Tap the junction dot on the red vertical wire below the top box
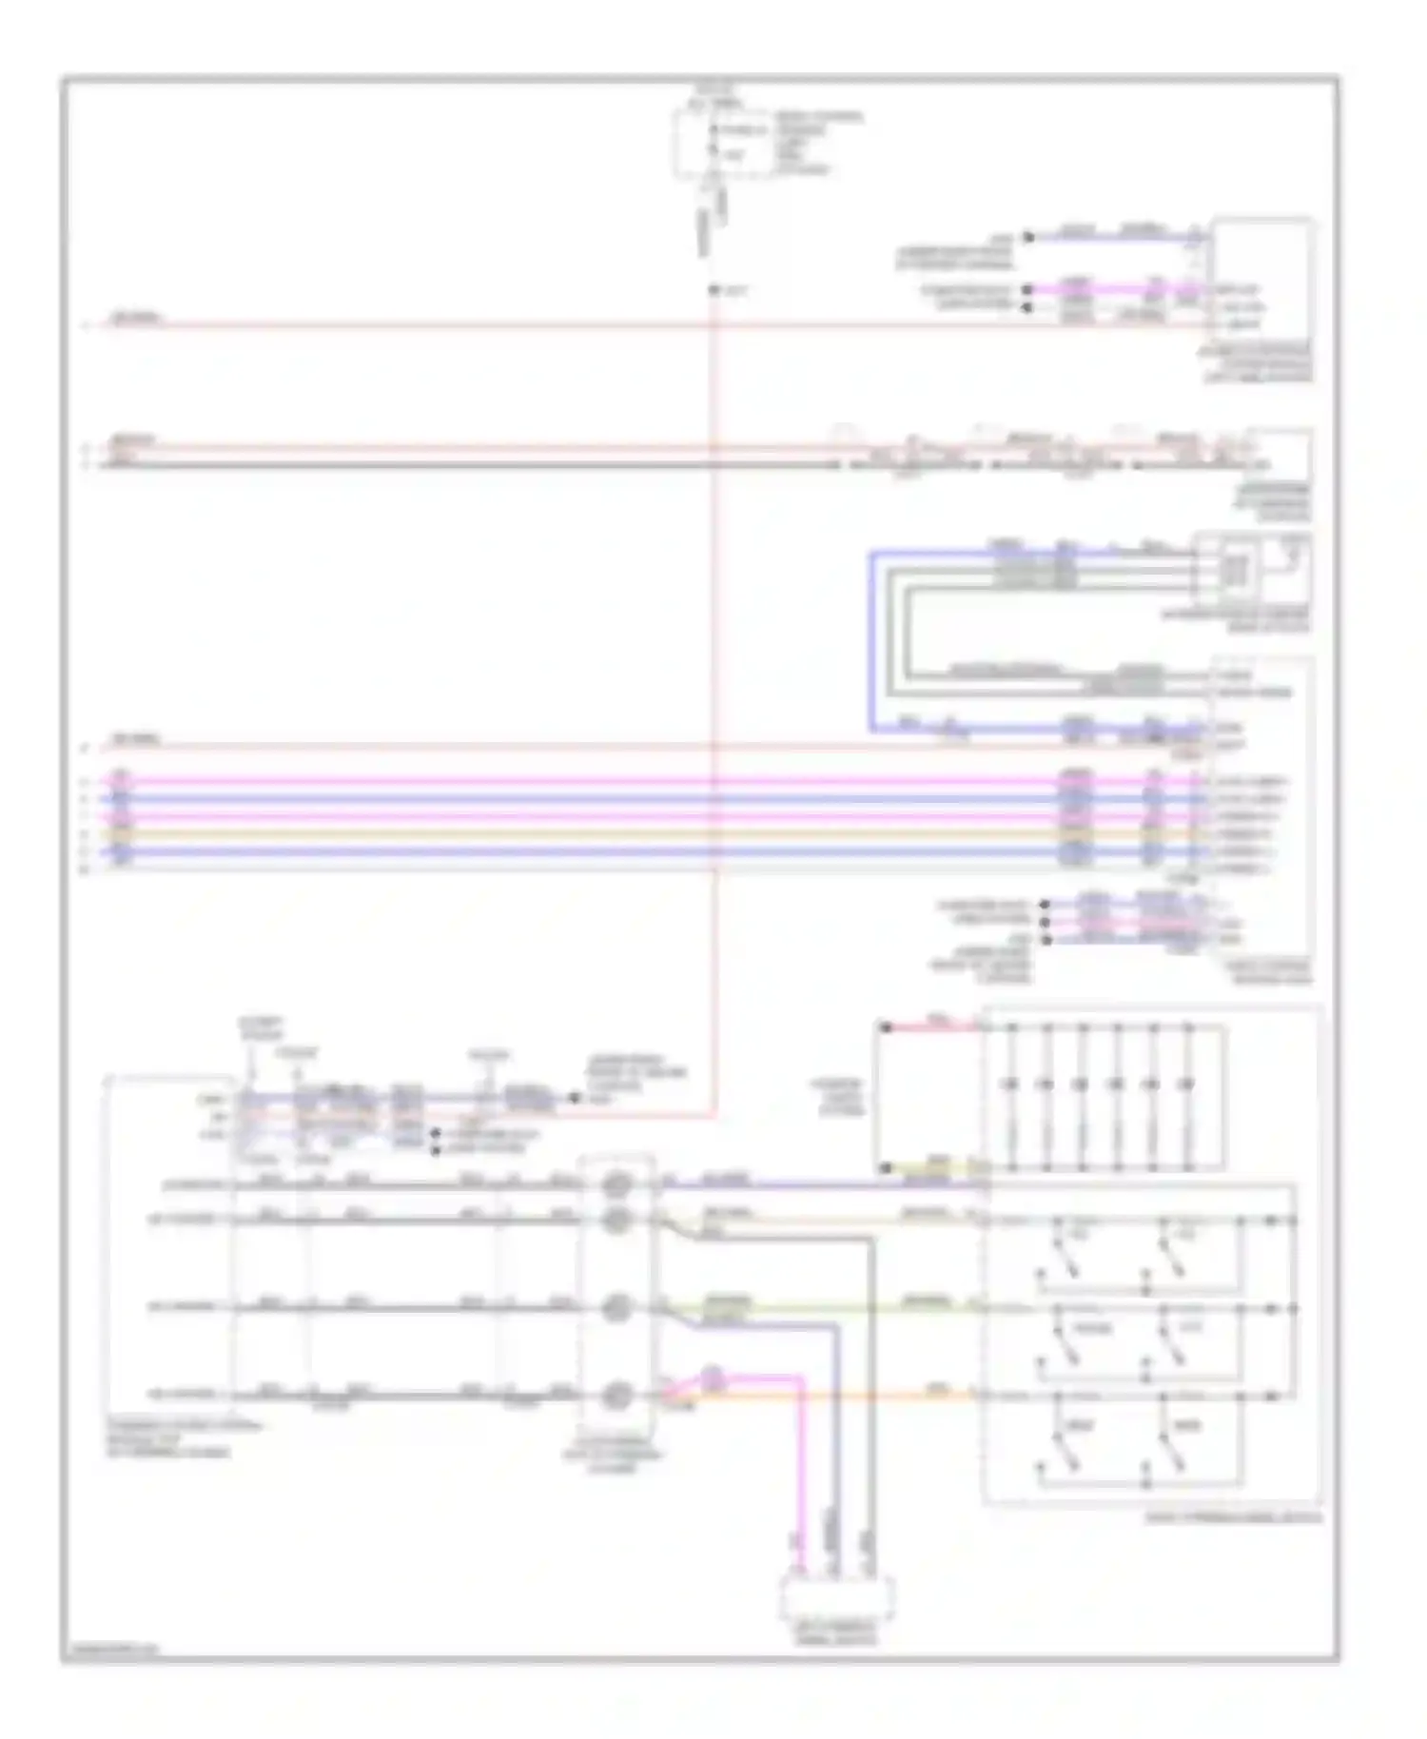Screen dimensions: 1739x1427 713,289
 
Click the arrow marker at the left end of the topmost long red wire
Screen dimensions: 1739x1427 87,325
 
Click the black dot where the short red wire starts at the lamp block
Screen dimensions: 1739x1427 886,1027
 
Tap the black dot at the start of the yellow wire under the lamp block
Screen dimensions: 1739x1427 886,1167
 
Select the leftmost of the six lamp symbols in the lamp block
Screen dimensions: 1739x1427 1010,1084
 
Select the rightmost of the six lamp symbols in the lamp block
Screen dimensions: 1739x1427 1185,1084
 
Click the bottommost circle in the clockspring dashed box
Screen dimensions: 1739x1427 616,1397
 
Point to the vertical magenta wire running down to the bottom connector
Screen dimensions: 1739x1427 799,1484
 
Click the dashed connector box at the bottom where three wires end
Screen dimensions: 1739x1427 836,1599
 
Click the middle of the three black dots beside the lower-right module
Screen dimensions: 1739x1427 1046,922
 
